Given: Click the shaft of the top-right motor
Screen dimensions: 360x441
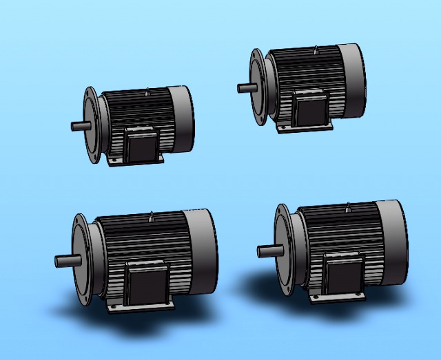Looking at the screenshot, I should [245, 87].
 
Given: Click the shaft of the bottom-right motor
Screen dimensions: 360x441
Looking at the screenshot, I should [267, 251].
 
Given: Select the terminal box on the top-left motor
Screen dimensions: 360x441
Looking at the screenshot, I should [143, 145].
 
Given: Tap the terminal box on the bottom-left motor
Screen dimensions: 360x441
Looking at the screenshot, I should [146, 284].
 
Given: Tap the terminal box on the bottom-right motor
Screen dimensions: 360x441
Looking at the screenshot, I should [344, 275].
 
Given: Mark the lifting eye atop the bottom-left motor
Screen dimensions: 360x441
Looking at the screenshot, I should [151, 218].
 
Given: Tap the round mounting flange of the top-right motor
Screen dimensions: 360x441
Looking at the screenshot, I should [257, 87].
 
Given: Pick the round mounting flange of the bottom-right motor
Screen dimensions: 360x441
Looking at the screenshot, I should [283, 250].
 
